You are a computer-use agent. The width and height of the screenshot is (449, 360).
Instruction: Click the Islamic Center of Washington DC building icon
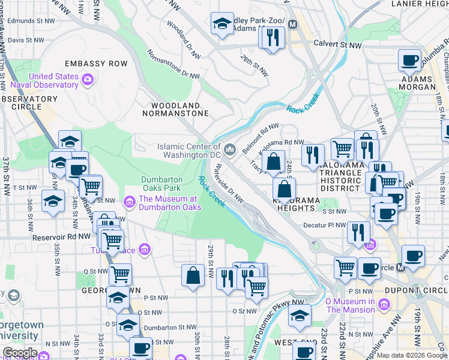[231, 148]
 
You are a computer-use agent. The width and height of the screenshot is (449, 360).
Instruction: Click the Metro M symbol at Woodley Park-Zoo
[293, 25]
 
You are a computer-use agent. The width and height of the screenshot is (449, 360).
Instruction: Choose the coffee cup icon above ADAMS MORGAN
[410, 61]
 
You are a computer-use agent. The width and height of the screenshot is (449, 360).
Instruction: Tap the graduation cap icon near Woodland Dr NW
[221, 25]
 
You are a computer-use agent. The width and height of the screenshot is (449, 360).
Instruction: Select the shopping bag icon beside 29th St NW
[193, 276]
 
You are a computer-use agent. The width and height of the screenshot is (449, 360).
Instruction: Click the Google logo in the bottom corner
[20, 353]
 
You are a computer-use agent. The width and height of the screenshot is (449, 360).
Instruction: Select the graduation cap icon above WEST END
[300, 316]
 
